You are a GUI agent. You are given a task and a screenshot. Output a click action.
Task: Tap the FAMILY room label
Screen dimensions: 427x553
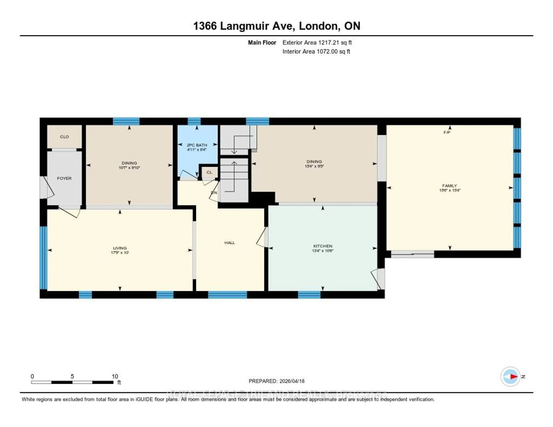click(x=449, y=186)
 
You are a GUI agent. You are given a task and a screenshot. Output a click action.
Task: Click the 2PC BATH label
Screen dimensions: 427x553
click(x=197, y=145)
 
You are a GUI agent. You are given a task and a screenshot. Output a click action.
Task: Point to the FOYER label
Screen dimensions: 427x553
click(x=64, y=178)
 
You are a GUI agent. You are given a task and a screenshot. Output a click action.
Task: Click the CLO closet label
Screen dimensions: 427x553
click(x=64, y=137)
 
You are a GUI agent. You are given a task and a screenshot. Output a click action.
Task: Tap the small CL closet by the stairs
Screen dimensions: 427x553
click(x=209, y=172)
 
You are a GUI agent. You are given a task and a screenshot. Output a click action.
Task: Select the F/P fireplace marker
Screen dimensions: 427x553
click(x=447, y=132)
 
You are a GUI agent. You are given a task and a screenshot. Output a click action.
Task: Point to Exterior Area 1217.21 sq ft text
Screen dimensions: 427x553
click(x=317, y=42)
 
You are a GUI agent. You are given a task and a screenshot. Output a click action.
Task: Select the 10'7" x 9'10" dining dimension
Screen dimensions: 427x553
click(x=129, y=168)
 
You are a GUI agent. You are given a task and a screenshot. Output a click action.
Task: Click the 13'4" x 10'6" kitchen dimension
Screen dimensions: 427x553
click(x=323, y=251)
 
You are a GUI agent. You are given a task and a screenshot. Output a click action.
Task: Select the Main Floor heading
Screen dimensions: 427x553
click(x=262, y=42)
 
